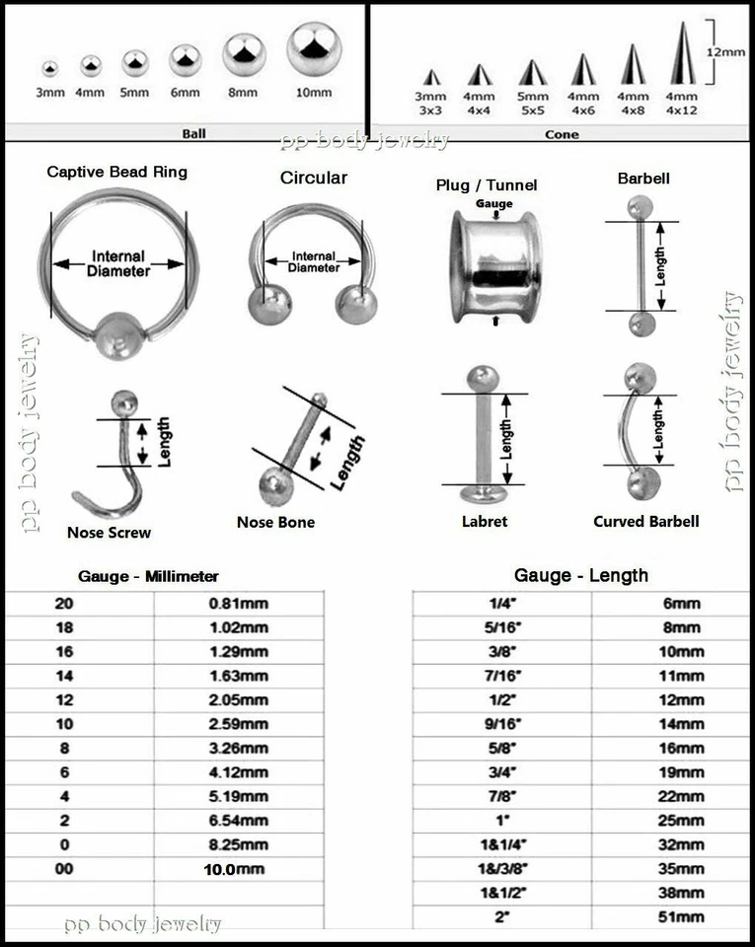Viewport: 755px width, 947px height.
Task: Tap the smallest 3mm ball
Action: click(x=49, y=69)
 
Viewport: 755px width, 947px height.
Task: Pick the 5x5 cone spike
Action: click(x=532, y=72)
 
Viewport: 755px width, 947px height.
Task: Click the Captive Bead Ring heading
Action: click(x=116, y=172)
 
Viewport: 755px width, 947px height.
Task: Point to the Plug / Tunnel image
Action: click(x=494, y=267)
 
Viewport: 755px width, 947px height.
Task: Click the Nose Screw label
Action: click(x=109, y=533)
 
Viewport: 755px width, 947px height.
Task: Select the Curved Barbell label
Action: click(x=645, y=521)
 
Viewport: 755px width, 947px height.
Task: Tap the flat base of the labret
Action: click(x=485, y=489)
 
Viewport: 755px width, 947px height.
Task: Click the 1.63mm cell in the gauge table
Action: click(x=240, y=676)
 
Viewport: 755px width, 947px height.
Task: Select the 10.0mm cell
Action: click(x=240, y=869)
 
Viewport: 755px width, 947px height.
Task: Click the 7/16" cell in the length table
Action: click(x=500, y=676)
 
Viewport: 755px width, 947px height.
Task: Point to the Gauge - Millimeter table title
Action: click(x=148, y=576)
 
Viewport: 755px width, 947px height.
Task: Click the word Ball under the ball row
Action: click(x=193, y=133)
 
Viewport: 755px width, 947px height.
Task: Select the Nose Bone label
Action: click(x=275, y=522)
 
